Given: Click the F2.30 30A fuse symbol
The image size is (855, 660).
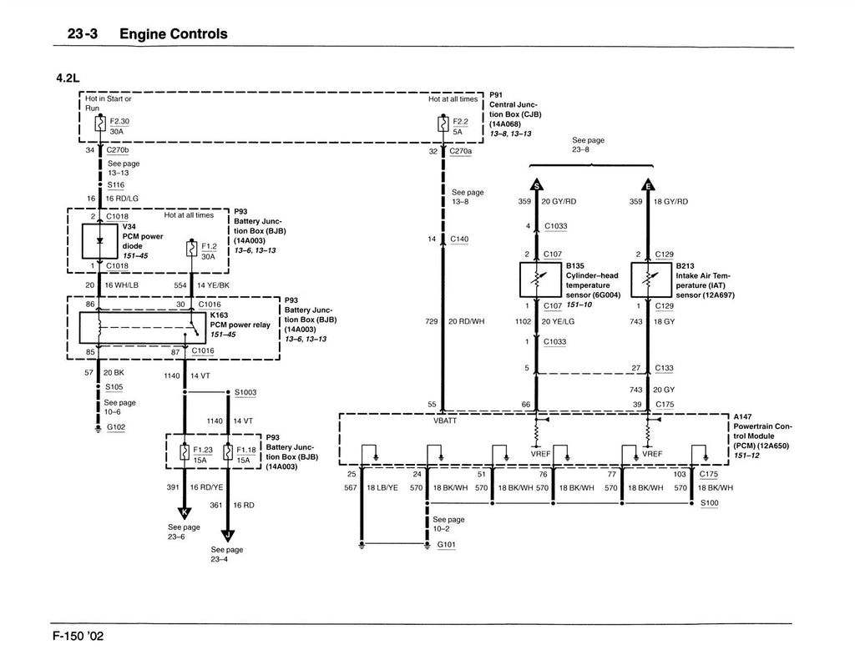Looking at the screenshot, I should [x=100, y=124].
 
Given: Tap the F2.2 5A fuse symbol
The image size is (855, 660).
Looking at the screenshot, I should [x=443, y=124].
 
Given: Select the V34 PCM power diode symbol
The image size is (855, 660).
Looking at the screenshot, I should [x=100, y=240].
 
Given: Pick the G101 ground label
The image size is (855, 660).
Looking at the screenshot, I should [x=447, y=545].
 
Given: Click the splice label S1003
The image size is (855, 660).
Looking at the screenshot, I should [x=245, y=391].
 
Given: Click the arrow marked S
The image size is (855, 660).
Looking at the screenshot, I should [x=536, y=185].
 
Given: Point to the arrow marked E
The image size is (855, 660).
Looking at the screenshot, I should [x=648, y=185].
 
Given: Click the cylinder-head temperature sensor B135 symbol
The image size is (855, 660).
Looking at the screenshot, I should [x=536, y=280].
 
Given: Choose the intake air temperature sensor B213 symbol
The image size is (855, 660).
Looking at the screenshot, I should [x=648, y=280].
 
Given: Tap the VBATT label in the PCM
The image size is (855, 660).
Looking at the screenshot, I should [x=444, y=421].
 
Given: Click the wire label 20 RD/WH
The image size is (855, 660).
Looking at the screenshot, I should [x=465, y=320].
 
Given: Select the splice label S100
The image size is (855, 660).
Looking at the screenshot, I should [x=710, y=503].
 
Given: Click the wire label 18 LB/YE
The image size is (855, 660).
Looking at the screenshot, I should [x=382, y=488].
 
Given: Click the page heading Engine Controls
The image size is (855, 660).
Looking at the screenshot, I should [x=173, y=34].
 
